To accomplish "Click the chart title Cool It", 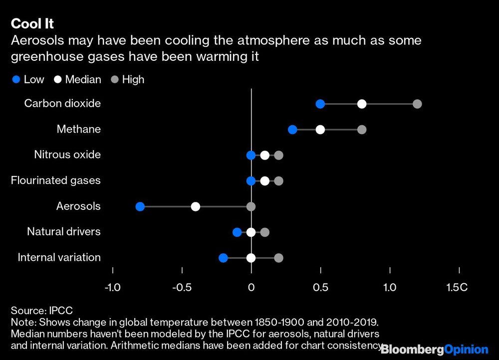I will click(x=32, y=23).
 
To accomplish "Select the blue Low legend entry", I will click(x=29, y=79).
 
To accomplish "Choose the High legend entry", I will click(x=127, y=79).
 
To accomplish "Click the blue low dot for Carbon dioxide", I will click(x=320, y=104).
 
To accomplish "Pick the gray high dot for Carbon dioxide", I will click(x=417, y=104).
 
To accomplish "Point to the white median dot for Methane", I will click(x=320, y=130).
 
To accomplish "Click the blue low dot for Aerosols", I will click(x=140, y=206).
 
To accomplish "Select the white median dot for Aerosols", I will click(x=196, y=206).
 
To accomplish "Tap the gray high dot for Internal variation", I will click(x=278, y=258).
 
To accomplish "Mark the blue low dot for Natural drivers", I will click(x=237, y=232).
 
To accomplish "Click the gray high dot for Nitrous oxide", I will click(x=278, y=155).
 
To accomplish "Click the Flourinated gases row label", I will click(x=56, y=180).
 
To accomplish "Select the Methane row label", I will click(x=78, y=130).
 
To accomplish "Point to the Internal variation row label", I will click(x=59, y=258).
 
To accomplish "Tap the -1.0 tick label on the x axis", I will click(x=112, y=288).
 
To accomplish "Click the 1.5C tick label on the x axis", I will click(x=457, y=288).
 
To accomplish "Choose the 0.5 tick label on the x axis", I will click(x=320, y=288).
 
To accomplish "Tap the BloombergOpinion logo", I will click(x=435, y=350).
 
